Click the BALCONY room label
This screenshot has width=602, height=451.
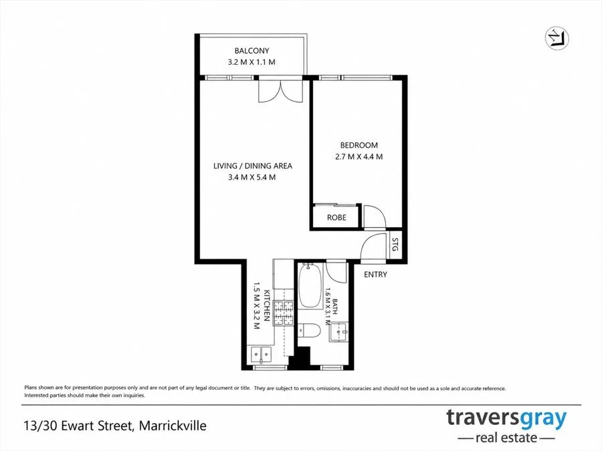click(252, 51)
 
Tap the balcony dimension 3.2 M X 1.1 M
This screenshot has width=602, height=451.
click(252, 62)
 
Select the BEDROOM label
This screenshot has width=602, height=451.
click(359, 146)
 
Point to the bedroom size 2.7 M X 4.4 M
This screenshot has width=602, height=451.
click(359, 156)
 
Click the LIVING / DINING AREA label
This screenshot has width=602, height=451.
click(253, 166)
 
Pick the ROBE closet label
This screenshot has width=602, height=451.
click(336, 217)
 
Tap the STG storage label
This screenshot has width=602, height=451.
click(395, 245)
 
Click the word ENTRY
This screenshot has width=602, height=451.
click(375, 275)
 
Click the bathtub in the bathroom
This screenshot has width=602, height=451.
click(310, 286)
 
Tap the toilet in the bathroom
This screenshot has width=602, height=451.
click(309, 329)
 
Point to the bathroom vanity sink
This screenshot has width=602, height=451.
click(338, 331)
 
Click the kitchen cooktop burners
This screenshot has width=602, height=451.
click(283, 313)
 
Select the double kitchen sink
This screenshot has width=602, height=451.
click(261, 355)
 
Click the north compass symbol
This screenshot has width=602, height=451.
click(557, 39)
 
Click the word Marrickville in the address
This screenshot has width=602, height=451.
click(173, 426)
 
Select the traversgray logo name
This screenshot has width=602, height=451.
click(506, 419)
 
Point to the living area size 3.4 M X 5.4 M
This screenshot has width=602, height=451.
click(252, 178)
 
